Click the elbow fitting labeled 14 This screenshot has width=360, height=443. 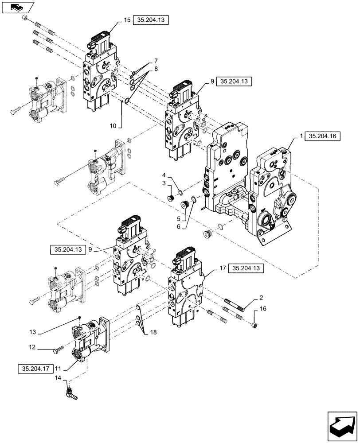[x=70, y=391]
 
